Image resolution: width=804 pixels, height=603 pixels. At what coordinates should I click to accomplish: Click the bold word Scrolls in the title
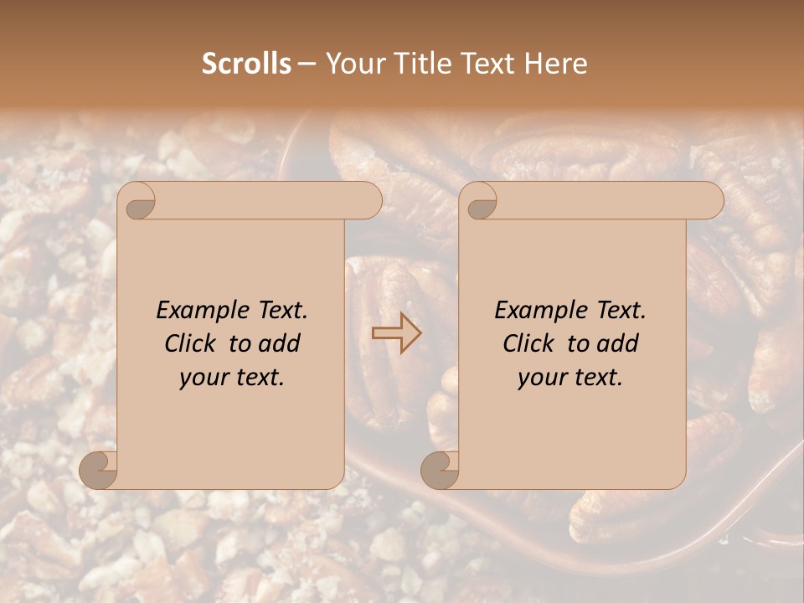[x=246, y=64]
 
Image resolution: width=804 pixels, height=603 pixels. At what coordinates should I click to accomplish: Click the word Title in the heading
[x=415, y=64]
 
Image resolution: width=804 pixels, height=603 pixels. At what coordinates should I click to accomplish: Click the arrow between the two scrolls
[x=396, y=333]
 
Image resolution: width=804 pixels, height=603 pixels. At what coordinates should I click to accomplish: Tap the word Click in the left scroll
[x=193, y=343]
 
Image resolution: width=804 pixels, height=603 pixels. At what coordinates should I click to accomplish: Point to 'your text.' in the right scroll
[x=570, y=377]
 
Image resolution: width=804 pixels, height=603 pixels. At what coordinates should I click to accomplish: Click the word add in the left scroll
[x=281, y=343]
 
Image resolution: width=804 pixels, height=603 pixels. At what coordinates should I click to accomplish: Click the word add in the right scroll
[x=619, y=343]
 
